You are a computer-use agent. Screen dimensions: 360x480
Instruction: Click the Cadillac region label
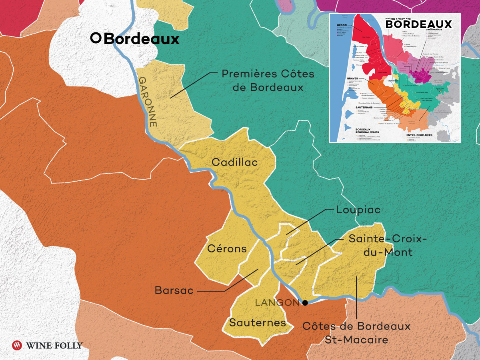coord(234,162)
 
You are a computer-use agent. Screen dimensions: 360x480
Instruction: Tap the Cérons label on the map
coord(227,249)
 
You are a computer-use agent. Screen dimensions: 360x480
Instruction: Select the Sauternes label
coord(257,322)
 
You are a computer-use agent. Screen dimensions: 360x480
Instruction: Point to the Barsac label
coord(174,291)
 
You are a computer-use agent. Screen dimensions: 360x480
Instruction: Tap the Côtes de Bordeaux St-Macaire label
coord(356,333)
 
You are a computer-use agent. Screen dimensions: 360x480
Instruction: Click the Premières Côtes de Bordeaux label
coord(268,80)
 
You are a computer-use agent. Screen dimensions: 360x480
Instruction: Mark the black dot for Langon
coord(305,303)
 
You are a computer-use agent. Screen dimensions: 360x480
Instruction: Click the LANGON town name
coord(277,303)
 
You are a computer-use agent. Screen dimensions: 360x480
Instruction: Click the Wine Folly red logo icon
coord(17,345)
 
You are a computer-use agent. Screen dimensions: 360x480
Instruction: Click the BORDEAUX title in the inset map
coord(418,24)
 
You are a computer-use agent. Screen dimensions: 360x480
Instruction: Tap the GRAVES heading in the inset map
coord(339,78)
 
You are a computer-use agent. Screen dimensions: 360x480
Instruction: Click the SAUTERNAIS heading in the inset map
coord(343,108)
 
